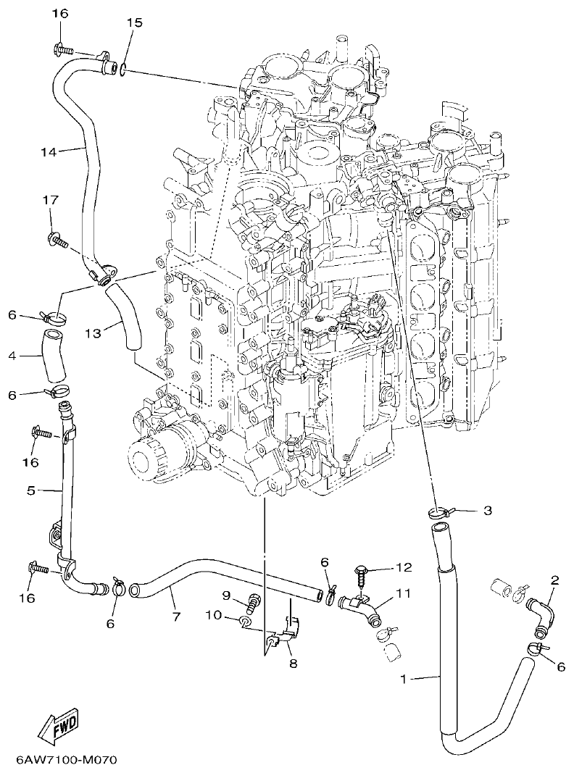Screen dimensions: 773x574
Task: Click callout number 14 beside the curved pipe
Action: [x=49, y=151]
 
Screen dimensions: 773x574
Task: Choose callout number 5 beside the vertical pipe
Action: [x=31, y=490]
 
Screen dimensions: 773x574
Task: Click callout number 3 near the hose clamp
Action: [x=487, y=511]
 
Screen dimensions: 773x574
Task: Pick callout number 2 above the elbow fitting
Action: [x=554, y=580]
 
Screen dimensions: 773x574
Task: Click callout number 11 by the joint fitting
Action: [x=403, y=593]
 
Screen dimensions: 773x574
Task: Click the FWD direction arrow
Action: [x=57, y=727]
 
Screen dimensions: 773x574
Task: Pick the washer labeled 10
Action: [x=246, y=622]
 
